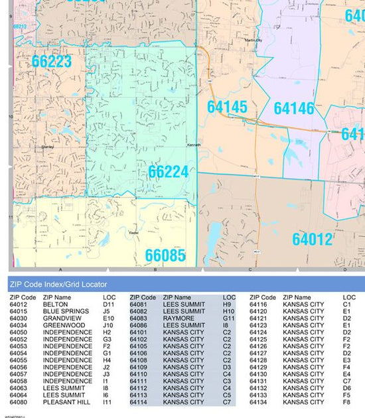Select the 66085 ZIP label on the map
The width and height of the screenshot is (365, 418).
click(x=165, y=255)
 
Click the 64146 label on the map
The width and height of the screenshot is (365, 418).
click(x=293, y=108)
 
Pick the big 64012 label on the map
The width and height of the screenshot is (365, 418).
click(x=312, y=239)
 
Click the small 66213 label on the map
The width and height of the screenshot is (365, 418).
click(x=20, y=27)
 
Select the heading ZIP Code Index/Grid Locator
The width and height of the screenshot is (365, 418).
click(x=58, y=284)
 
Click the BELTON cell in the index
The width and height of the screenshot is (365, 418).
click(x=55, y=305)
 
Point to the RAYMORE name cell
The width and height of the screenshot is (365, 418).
click(x=179, y=318)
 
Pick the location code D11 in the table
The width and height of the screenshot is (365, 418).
click(x=109, y=305)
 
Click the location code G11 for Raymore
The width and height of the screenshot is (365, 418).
click(x=229, y=318)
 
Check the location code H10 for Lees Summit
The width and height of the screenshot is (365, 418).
click(x=229, y=311)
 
